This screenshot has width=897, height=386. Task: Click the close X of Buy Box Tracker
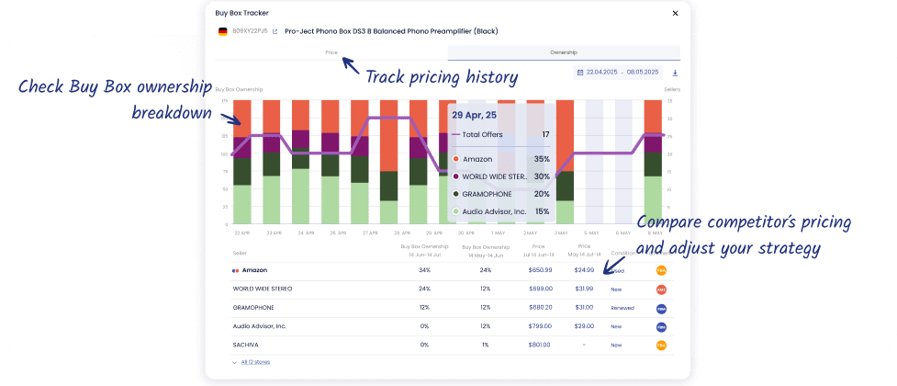coord(676,13)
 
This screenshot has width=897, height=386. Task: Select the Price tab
coord(331,52)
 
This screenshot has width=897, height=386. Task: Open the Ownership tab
coord(564,52)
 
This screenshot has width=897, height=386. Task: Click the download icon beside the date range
coord(676,72)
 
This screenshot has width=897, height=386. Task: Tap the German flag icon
coord(222,31)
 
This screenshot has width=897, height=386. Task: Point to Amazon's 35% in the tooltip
coord(542,159)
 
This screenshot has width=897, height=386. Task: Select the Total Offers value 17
coord(545,134)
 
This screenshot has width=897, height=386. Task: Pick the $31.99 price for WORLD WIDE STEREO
coord(584,289)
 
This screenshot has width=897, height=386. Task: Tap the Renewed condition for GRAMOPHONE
coord(622,308)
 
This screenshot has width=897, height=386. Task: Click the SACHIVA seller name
coord(245,345)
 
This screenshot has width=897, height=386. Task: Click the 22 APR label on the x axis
coord(242,233)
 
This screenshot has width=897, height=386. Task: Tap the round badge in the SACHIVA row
coord(661,345)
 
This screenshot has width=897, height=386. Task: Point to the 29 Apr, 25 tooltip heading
coord(475,115)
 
